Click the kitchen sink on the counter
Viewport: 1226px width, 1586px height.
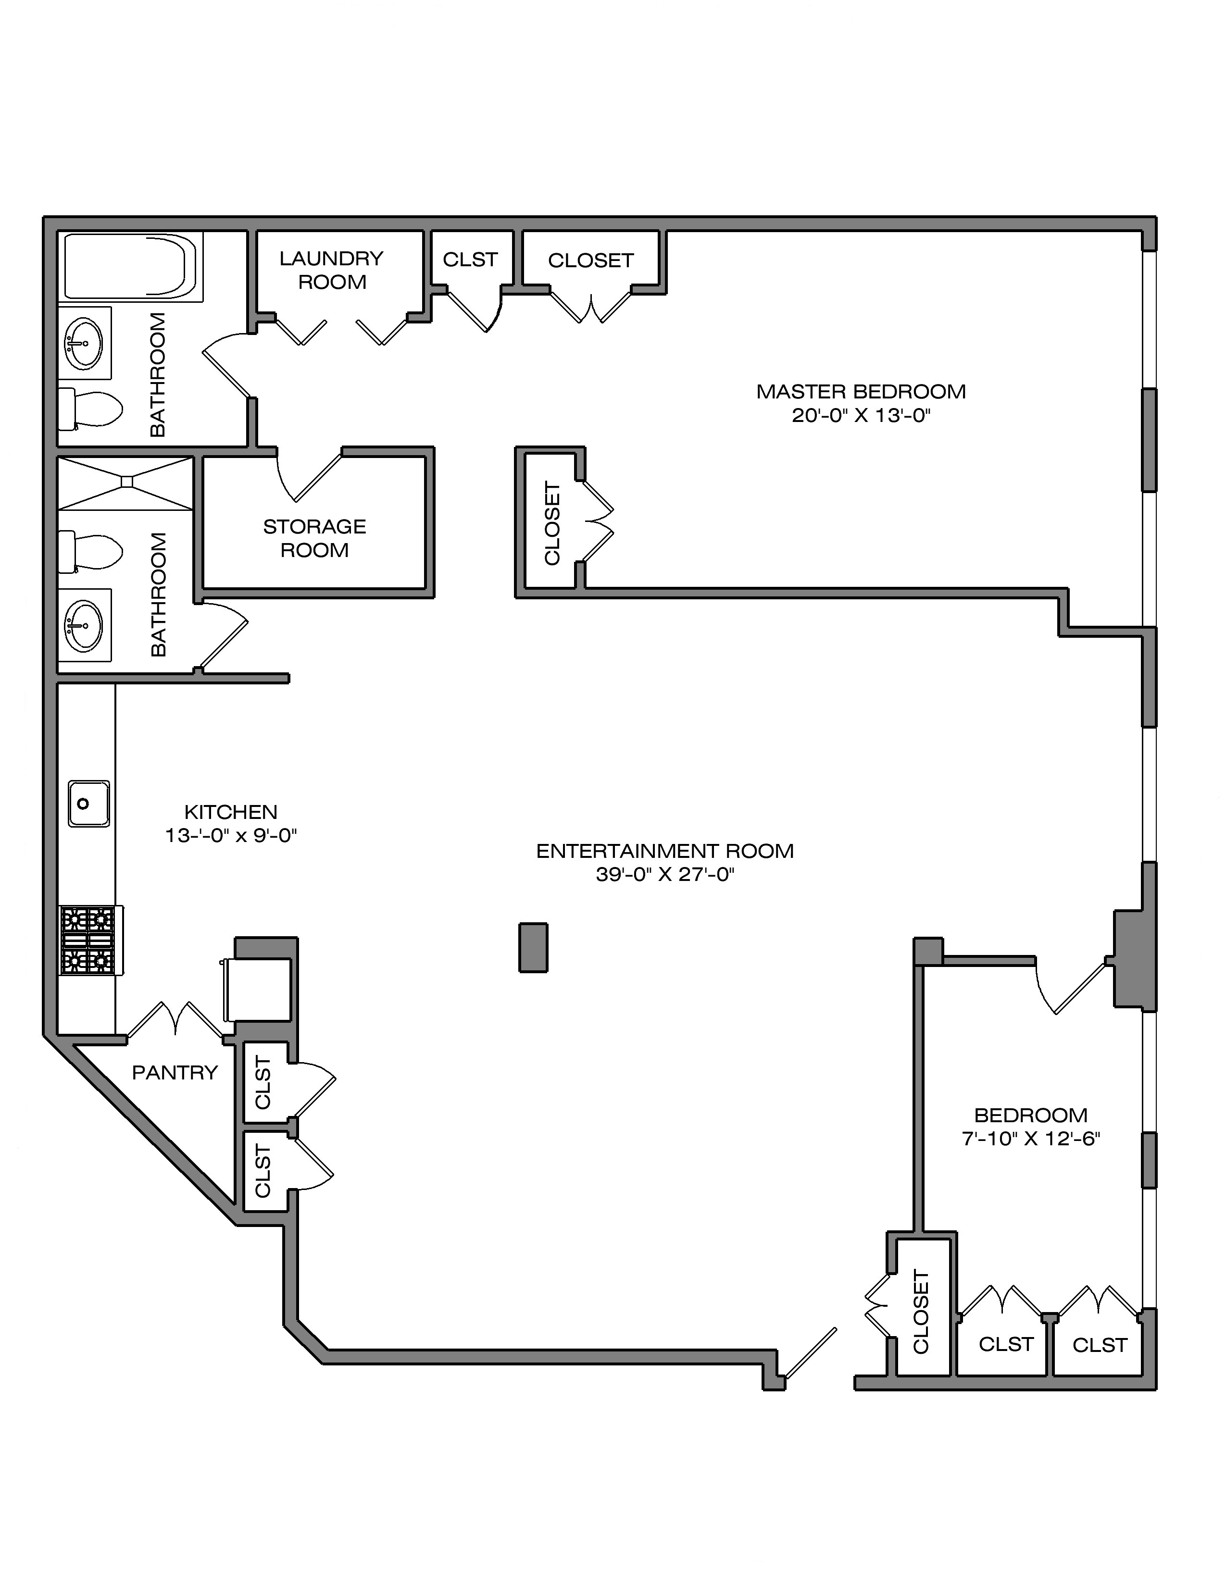tap(88, 803)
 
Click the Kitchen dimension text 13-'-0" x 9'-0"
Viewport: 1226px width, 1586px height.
tap(231, 836)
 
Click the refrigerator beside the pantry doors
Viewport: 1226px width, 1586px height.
tap(259, 989)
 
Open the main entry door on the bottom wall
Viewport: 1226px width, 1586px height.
tap(810, 1353)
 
